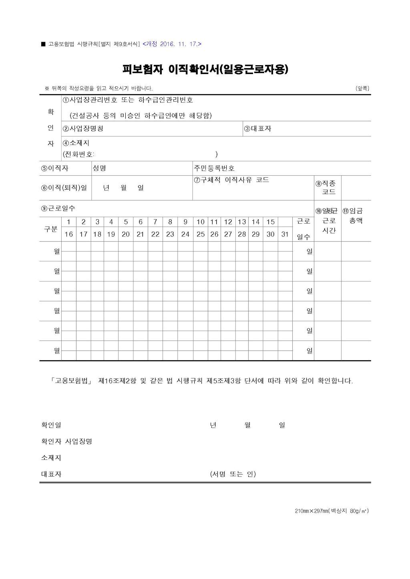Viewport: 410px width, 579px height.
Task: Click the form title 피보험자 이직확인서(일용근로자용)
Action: click(x=205, y=69)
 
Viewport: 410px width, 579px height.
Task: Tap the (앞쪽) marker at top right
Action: click(x=362, y=88)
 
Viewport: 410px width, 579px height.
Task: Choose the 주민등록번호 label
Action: click(x=214, y=168)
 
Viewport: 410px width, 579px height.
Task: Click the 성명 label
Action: click(x=99, y=168)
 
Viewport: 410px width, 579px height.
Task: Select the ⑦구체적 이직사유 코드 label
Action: click(x=231, y=180)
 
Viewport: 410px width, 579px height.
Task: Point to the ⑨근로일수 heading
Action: click(x=58, y=208)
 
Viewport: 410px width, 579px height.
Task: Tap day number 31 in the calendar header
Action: click(x=285, y=234)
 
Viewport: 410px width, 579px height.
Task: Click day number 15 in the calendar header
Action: click(x=271, y=222)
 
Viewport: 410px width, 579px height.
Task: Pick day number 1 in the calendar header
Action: click(x=69, y=222)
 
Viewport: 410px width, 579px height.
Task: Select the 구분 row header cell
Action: click(x=50, y=229)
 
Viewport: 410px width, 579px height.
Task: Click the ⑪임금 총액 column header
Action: click(x=353, y=216)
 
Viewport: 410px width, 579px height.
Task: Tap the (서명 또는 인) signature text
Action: click(x=233, y=474)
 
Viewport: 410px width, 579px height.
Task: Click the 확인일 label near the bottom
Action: click(x=51, y=425)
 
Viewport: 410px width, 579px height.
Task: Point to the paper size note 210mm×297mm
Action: click(x=332, y=511)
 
